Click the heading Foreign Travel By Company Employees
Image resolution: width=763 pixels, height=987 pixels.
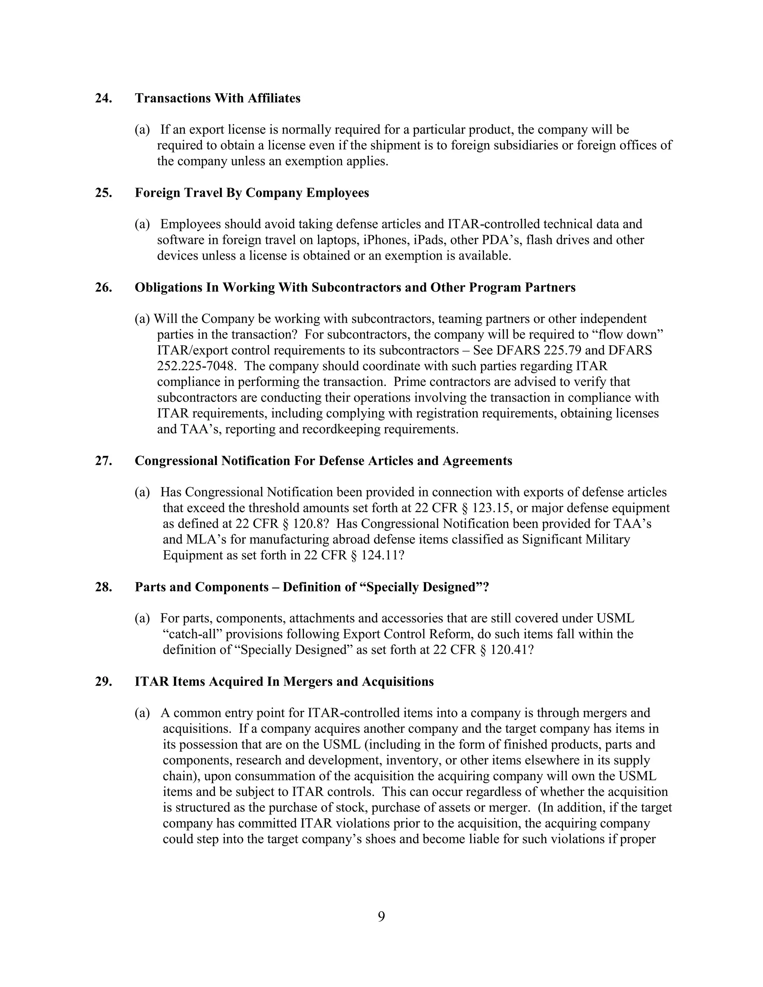coord(252,193)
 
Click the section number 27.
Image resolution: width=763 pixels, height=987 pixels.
coord(104,461)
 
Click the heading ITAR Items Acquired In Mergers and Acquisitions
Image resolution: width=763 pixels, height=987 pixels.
coord(284,682)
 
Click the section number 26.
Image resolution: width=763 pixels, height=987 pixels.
coord(104,288)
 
